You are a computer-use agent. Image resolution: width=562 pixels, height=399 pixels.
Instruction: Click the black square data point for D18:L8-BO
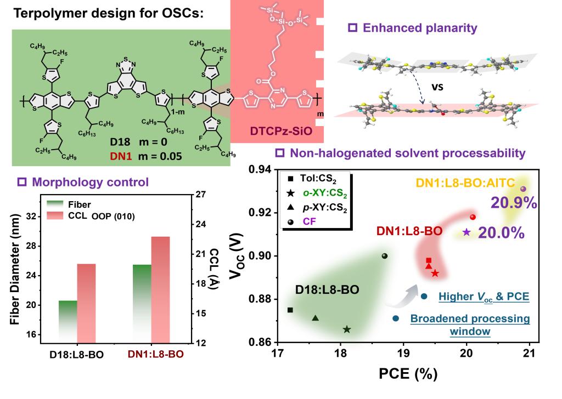click(290, 310)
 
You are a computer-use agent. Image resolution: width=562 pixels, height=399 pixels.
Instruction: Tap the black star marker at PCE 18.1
click(347, 329)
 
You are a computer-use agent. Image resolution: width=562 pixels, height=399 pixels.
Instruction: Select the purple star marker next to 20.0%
click(467, 232)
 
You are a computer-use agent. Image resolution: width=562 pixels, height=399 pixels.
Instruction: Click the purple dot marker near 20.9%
click(523, 189)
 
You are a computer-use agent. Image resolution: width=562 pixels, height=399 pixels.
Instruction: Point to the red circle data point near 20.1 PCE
click(473, 217)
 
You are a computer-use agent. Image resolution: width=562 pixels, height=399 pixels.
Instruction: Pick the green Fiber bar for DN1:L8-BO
click(142, 304)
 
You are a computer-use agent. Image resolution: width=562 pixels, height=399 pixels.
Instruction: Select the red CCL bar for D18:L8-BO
click(86, 304)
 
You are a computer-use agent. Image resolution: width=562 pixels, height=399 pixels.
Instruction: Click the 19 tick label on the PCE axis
click(403, 354)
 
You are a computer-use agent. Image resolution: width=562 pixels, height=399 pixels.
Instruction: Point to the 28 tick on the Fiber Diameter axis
click(31, 246)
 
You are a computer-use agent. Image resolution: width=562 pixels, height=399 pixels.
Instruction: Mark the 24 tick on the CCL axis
click(200, 224)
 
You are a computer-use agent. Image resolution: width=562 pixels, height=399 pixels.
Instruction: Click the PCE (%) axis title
click(408, 374)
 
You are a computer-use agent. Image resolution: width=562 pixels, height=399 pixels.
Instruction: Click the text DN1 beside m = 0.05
click(121, 156)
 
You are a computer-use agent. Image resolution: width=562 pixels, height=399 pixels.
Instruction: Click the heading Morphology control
click(91, 182)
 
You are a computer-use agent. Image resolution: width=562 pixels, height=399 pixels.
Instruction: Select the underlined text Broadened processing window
click(470, 324)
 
